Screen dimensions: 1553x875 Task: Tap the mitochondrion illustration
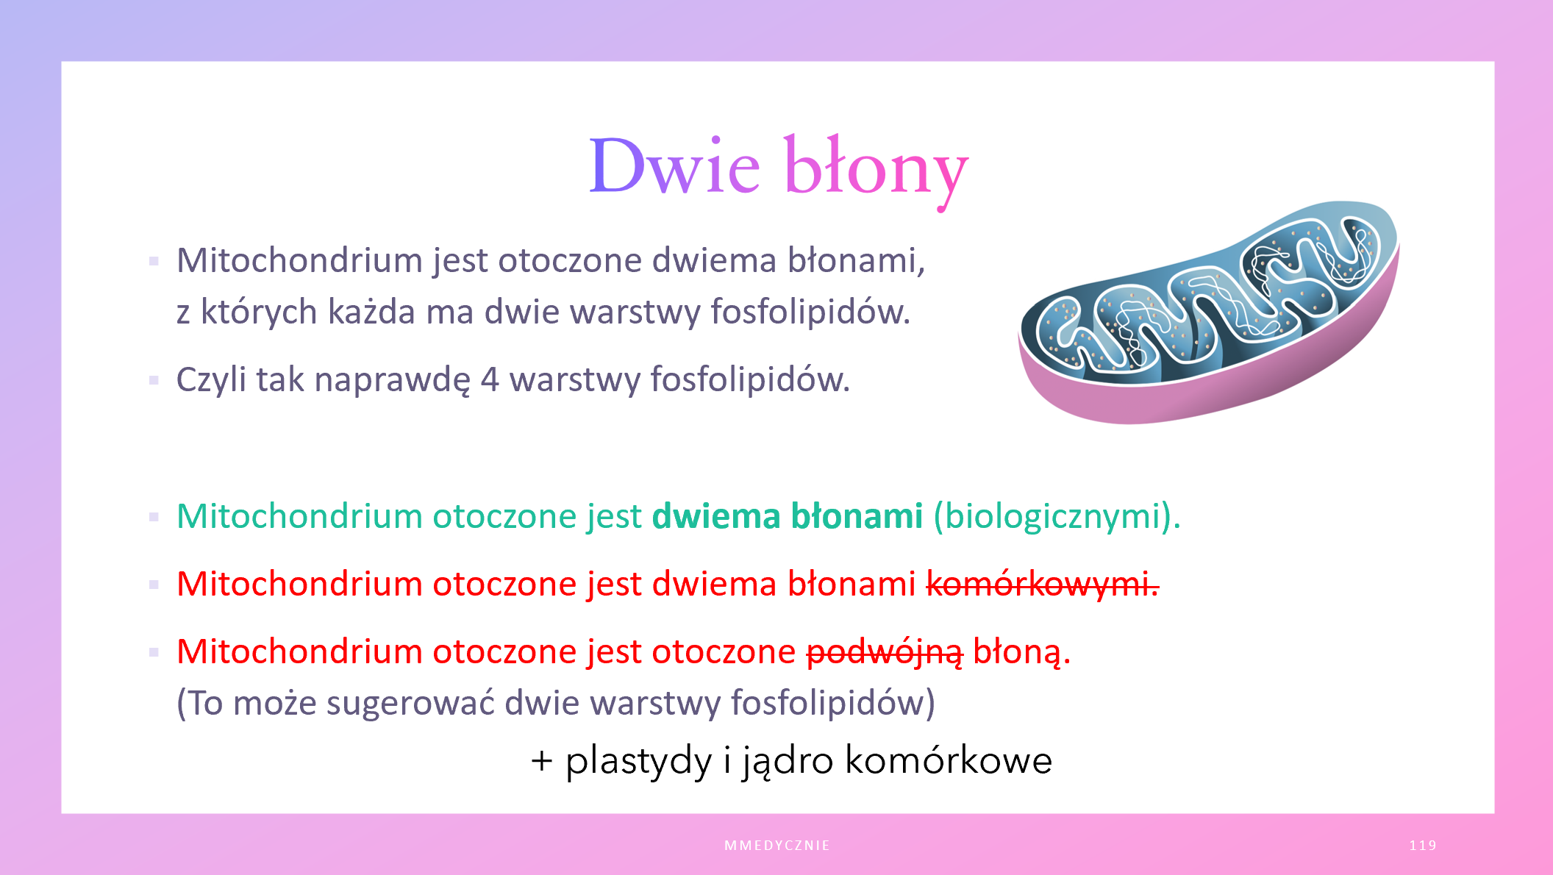tap(1208, 312)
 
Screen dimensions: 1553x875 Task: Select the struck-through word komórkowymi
tap(1042, 584)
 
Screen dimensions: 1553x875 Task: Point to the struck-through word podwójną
tap(885, 652)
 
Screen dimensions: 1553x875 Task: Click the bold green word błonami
tap(857, 515)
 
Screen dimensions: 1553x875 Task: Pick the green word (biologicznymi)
tap(1057, 517)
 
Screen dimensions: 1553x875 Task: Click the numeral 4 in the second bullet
tap(490, 380)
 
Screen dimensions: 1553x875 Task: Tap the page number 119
tap(1423, 846)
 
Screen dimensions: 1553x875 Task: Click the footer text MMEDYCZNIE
tap(777, 846)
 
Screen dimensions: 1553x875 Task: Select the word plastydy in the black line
tap(638, 761)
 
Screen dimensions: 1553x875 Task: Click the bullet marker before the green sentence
tap(154, 517)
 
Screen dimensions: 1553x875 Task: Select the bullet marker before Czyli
tap(154, 380)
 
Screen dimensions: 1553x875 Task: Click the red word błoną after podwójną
tap(1021, 652)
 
